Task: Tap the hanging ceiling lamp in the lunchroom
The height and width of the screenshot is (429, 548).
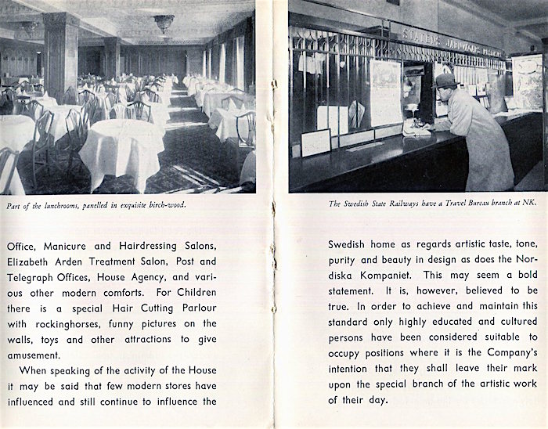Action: pos(164,23)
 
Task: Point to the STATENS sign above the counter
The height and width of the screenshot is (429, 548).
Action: pos(420,34)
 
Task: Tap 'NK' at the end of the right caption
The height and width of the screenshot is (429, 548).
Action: pos(533,204)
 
